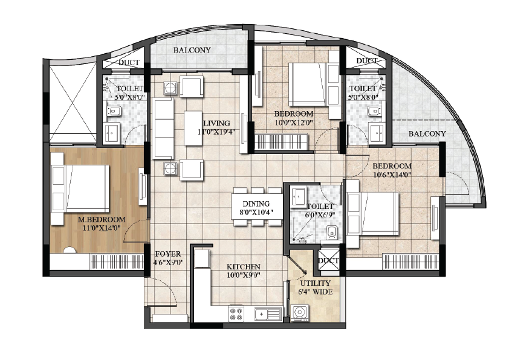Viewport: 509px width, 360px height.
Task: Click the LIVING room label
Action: [x=216, y=123]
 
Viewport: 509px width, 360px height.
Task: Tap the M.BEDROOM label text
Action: [x=102, y=220]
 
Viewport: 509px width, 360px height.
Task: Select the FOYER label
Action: [x=168, y=254]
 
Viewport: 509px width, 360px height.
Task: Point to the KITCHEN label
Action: [x=244, y=267]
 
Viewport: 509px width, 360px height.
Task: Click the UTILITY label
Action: [x=315, y=283]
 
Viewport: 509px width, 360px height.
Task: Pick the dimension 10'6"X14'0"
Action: [x=392, y=175]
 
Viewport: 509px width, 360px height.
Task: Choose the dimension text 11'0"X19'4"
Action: [x=216, y=132]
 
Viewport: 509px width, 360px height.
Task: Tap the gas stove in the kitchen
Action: [x=236, y=313]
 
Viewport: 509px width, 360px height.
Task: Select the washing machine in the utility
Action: [x=299, y=313]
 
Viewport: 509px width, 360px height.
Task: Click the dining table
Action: [x=256, y=207]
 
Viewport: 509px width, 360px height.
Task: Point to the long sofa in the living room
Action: [x=163, y=128]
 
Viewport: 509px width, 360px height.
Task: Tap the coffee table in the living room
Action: [x=193, y=128]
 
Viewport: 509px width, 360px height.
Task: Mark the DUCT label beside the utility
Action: [x=328, y=261]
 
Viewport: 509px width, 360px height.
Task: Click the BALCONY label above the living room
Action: [x=192, y=50]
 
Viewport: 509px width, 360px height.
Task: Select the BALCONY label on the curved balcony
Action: [x=427, y=133]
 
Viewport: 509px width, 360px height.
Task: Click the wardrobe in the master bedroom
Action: [x=117, y=262]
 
